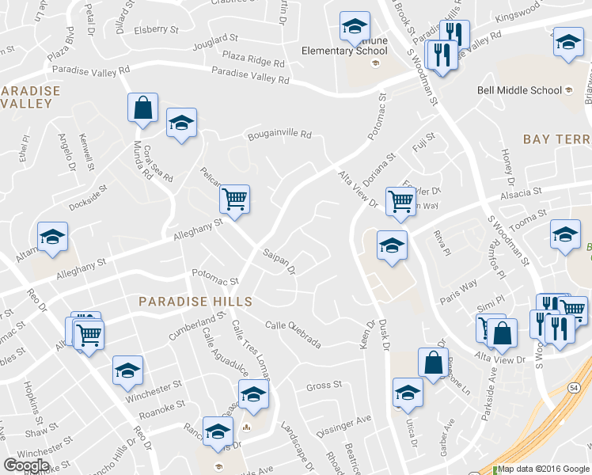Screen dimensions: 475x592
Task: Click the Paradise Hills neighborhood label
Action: pos(195,302)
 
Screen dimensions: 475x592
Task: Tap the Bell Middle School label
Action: pos(519,90)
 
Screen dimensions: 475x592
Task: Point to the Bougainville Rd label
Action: pos(279,135)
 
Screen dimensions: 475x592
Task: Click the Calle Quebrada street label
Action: pos(293,334)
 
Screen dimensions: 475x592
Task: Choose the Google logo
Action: pos(27,465)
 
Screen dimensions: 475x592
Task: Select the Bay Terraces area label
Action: pos(557,139)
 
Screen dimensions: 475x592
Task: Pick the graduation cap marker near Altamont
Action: pos(53,237)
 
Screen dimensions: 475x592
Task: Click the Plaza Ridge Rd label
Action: pos(253,58)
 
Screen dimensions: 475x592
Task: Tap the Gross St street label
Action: pos(323,386)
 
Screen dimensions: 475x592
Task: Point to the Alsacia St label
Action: pos(519,192)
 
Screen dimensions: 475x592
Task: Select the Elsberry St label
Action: pos(157,30)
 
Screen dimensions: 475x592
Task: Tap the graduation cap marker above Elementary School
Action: pos(355,27)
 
